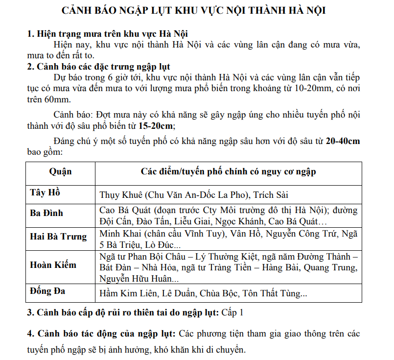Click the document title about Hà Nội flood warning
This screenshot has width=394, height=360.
pos(196,11)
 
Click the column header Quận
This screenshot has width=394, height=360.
pos(60,171)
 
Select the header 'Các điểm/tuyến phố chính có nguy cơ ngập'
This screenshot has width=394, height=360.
pos(228,171)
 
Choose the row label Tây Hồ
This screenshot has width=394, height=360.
pos(45,192)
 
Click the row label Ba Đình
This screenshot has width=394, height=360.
pos(46,213)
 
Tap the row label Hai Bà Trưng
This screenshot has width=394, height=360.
pos(58,237)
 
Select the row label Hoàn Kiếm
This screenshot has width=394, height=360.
pos(53,265)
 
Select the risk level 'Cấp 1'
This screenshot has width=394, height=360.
pos(232,312)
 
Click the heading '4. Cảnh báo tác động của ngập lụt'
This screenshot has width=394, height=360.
pos(101,334)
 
